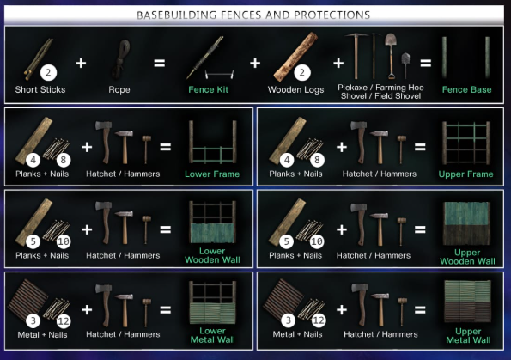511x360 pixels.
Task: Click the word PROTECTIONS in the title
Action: (332, 15)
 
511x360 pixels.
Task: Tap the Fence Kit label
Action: (208, 89)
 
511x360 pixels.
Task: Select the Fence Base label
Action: (466, 89)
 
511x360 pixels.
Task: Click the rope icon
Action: (120, 59)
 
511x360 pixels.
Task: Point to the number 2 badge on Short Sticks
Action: (49, 72)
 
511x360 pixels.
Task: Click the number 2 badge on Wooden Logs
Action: (302, 72)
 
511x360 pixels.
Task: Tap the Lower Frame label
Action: (212, 174)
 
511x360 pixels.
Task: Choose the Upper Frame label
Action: (465, 174)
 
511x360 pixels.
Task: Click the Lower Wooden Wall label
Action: (212, 255)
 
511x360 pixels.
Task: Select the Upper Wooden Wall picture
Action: (466, 223)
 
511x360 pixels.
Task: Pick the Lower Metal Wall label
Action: (212, 335)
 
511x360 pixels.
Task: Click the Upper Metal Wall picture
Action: (468, 302)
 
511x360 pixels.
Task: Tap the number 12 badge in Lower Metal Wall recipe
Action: (64, 321)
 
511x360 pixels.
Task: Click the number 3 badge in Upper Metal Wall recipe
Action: (288, 320)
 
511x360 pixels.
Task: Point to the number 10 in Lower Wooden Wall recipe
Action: (64, 241)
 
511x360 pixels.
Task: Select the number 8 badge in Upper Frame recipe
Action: (317, 160)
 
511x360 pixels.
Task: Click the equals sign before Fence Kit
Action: (160, 63)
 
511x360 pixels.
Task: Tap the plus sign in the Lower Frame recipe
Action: (87, 147)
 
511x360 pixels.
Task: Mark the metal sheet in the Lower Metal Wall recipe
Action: (28, 299)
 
